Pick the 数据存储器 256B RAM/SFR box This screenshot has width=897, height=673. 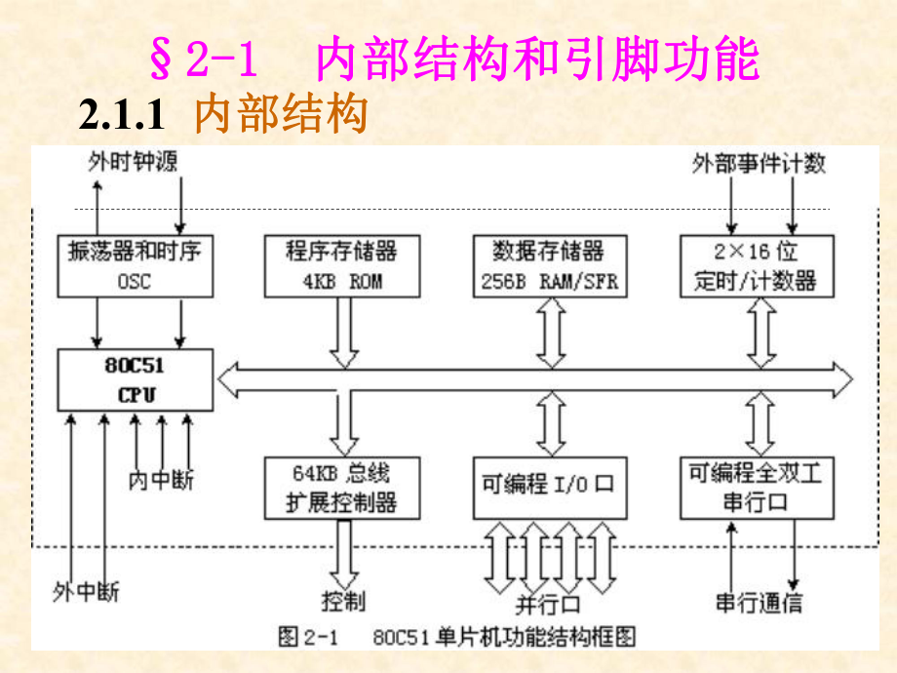tap(549, 265)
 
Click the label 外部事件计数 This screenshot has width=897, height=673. tap(759, 163)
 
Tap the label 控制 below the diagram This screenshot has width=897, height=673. tap(343, 599)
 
